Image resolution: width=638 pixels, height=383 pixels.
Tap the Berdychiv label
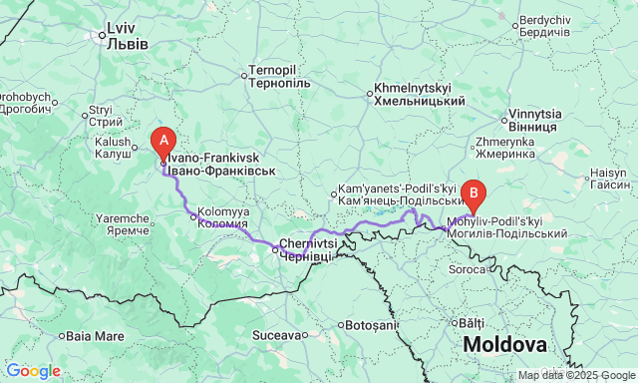click(x=544, y=26)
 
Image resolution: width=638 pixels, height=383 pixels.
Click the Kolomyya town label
click(x=223, y=217)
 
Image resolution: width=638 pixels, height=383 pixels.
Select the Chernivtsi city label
click(x=303, y=249)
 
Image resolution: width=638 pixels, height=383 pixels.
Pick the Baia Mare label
click(x=95, y=336)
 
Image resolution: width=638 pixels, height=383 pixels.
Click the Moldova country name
click(x=505, y=345)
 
